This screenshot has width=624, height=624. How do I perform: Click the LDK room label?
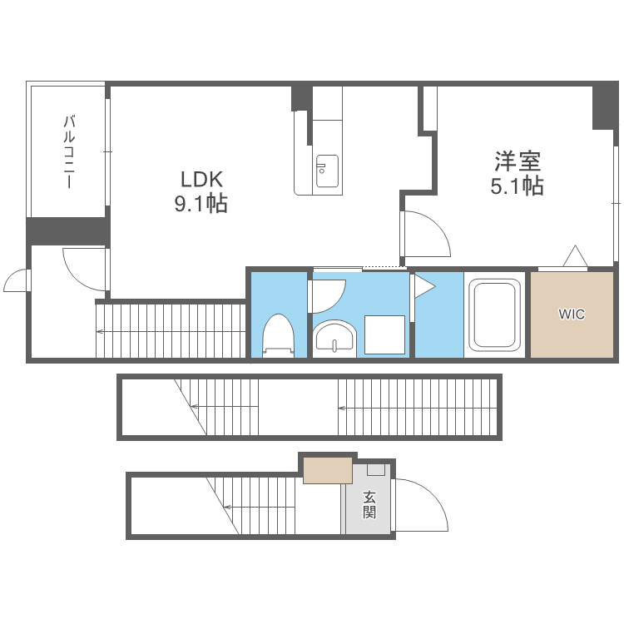[x=201, y=179]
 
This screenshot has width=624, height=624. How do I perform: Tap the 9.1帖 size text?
[x=201, y=205]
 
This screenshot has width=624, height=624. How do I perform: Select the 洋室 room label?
[x=517, y=160]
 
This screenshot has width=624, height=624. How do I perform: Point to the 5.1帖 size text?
[x=517, y=186]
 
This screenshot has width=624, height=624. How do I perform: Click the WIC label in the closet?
[x=572, y=314]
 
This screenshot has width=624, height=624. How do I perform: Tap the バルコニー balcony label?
[x=69, y=151]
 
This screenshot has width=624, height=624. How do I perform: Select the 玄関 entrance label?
[x=369, y=504]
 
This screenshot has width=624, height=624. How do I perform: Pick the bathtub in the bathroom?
[x=495, y=314]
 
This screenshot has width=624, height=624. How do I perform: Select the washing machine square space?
[x=384, y=335]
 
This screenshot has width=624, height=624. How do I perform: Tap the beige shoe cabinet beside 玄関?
[x=327, y=470]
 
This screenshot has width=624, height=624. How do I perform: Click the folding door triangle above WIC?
[x=575, y=257]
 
